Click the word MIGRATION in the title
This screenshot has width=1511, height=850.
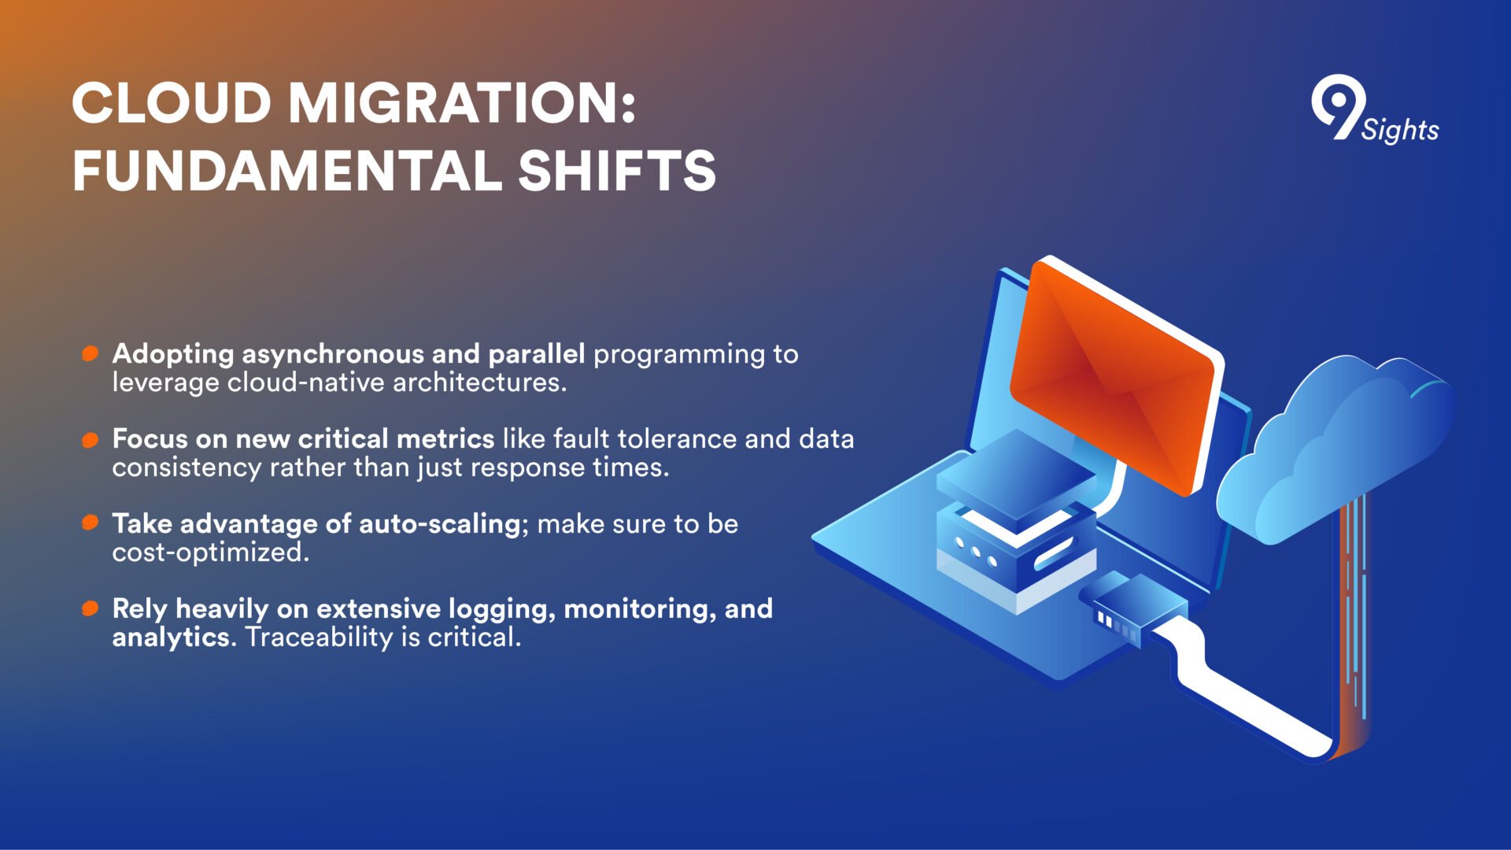[x=461, y=103]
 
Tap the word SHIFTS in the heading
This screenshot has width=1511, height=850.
[x=617, y=171]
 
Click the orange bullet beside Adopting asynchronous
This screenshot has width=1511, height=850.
[x=91, y=353]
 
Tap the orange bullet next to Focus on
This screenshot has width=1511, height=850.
[x=91, y=439]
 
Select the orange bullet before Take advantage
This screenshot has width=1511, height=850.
[x=91, y=523]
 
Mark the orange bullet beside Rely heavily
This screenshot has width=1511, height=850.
[x=91, y=608]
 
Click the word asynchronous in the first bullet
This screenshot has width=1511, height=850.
[x=333, y=355]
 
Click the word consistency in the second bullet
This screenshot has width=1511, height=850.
[x=187, y=468]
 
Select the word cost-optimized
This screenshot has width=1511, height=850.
[x=210, y=552]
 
